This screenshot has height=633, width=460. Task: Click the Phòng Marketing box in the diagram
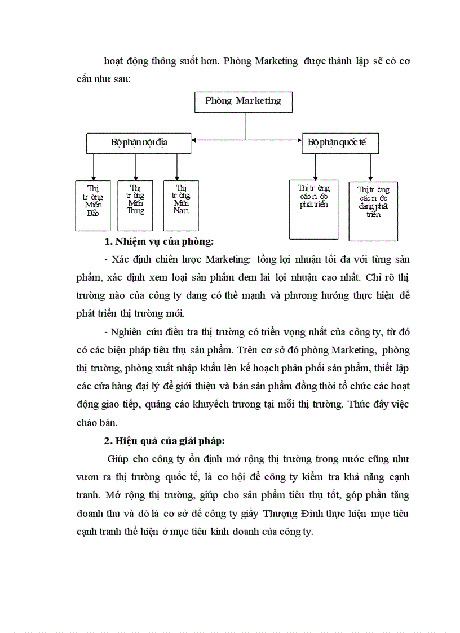[243, 101]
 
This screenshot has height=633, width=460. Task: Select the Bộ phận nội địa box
[139, 143]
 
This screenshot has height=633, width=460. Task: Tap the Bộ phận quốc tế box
[340, 143]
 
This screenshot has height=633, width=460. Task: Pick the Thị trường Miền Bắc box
[93, 205]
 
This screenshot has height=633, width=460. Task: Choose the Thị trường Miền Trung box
[135, 205]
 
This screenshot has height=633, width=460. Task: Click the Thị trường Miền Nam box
[181, 205]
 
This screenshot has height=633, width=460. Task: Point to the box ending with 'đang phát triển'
[373, 211]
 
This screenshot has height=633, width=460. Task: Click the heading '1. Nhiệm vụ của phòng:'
[160, 242]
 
